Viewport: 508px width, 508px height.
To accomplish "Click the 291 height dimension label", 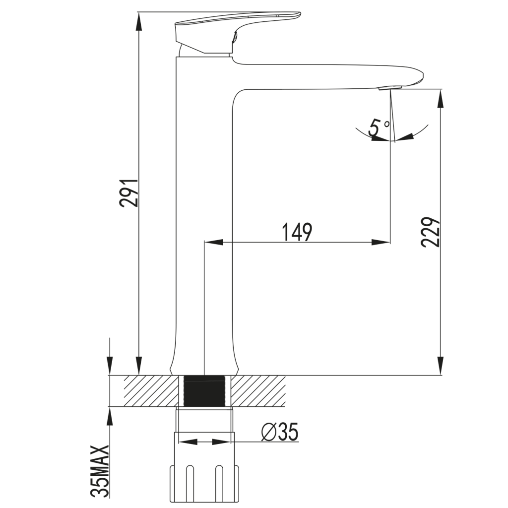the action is coord(129,192).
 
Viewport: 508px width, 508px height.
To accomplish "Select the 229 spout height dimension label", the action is coord(431,233).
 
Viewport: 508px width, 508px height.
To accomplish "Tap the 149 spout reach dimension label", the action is coord(297,232).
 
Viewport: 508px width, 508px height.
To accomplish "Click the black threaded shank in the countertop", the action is coord(204,391).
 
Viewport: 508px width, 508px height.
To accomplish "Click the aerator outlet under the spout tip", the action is coord(390,88).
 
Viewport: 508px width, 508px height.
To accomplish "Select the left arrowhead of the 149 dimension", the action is coord(214,242).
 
